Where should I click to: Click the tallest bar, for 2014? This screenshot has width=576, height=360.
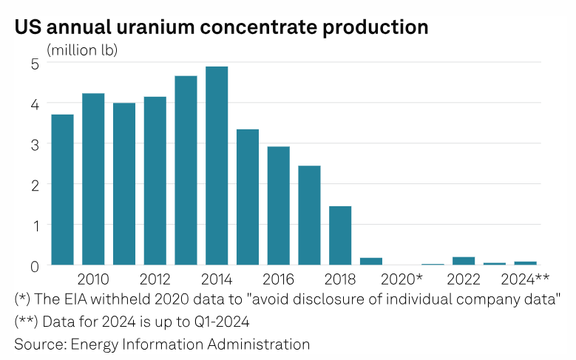tap(217, 166)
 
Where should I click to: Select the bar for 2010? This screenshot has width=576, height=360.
tap(93, 179)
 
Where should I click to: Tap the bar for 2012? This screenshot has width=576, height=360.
tap(155, 180)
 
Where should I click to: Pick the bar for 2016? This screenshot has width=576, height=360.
tap(278, 206)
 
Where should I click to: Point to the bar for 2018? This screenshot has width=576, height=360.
tap(340, 235)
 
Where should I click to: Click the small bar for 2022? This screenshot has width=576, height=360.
tap(464, 260)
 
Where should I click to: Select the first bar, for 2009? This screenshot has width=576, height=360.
tap(62, 189)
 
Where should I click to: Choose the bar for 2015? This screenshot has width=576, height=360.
tap(248, 197)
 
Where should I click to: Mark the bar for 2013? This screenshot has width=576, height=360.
tap(186, 170)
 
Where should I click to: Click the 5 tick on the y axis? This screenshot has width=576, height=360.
tap(34, 64)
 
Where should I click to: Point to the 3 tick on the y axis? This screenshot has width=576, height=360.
tap(34, 144)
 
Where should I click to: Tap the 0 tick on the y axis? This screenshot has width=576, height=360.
tap(34, 265)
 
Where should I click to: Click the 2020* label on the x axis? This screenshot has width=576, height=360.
tap(401, 279)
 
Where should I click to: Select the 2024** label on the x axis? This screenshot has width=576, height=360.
tap(525, 279)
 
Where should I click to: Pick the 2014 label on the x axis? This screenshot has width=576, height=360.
tap(217, 279)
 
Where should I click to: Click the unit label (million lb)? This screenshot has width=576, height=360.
tap(82, 50)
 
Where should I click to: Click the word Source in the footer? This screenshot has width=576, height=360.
tap(38, 344)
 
